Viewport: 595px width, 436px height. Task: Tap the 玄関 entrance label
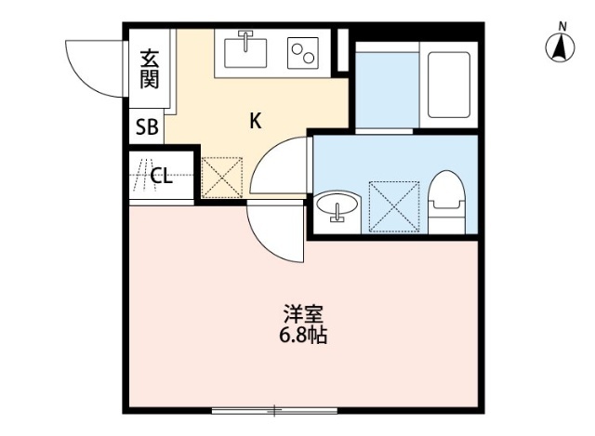[150, 69]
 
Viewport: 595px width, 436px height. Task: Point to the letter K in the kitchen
[254, 120]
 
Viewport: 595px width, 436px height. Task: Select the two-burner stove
[303, 53]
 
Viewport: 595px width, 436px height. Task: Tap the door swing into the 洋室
[276, 232]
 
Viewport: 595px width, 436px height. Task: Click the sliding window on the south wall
[274, 409]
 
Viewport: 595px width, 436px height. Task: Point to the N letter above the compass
[562, 25]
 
